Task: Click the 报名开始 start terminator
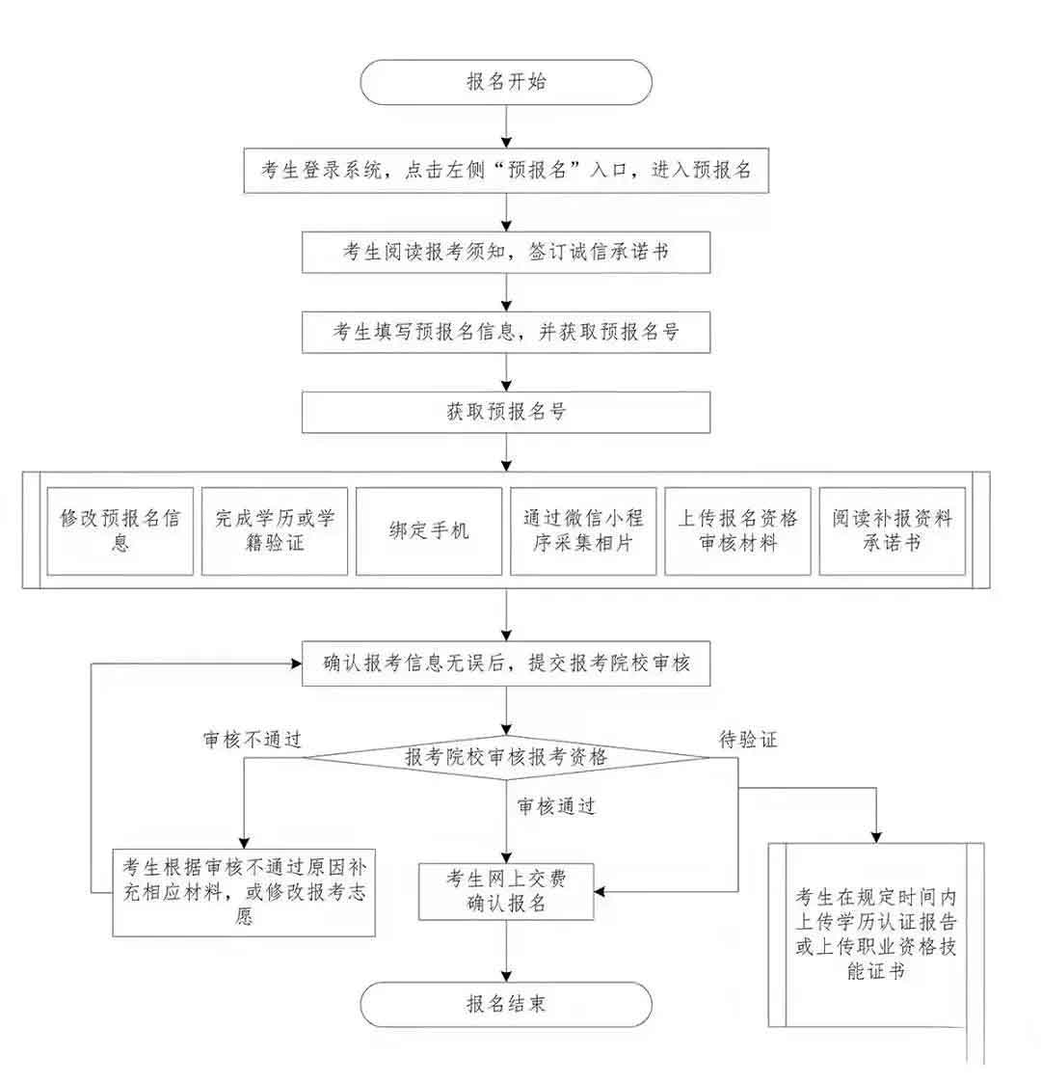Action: [506, 82]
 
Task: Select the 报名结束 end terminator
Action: [506, 1004]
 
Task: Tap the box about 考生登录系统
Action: [506, 170]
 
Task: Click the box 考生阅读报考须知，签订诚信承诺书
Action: [506, 253]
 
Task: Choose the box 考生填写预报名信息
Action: [506, 333]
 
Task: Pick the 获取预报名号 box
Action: [506, 412]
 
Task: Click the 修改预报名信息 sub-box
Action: [120, 531]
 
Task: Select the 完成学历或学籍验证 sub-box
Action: [275, 531]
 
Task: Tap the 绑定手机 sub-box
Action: [429, 531]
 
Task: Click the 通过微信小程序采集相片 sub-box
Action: [583, 531]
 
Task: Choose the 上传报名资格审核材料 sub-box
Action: [737, 531]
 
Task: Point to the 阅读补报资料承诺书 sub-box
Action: [892, 531]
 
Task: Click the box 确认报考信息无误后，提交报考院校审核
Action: [506, 663]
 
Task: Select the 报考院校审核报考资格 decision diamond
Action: [506, 757]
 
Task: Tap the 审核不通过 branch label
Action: [253, 740]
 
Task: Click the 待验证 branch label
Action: [748, 740]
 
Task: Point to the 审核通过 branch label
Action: [556, 806]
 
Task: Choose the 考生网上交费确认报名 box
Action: [506, 890]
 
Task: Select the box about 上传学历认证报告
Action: [875, 934]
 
